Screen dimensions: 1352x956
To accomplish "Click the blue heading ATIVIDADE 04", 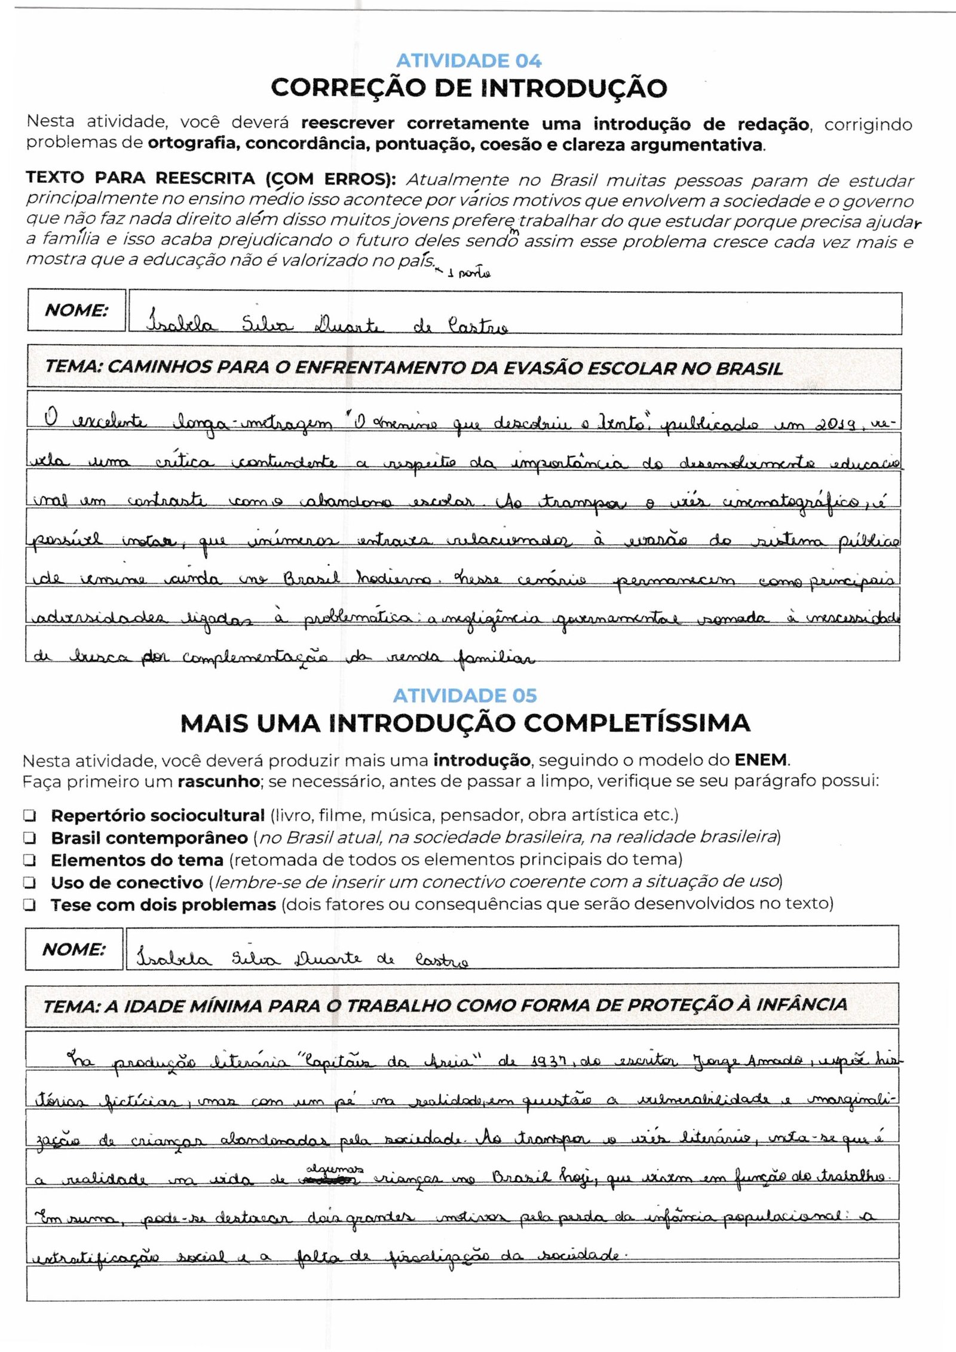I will point(468,61).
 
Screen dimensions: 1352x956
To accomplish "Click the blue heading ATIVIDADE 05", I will point(465,695).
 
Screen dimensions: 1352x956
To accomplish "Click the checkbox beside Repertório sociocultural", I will point(29,816).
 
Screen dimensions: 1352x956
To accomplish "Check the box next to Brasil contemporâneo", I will point(29,838).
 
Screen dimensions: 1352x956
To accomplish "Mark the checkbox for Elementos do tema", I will point(29,860).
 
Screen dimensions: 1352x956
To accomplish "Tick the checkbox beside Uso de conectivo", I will point(29,882).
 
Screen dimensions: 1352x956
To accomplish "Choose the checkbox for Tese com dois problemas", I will point(29,905).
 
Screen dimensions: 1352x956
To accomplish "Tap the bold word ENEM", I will point(762,761).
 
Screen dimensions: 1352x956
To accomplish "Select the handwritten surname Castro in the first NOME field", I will point(477,326).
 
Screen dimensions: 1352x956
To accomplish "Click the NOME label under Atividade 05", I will point(73,949).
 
